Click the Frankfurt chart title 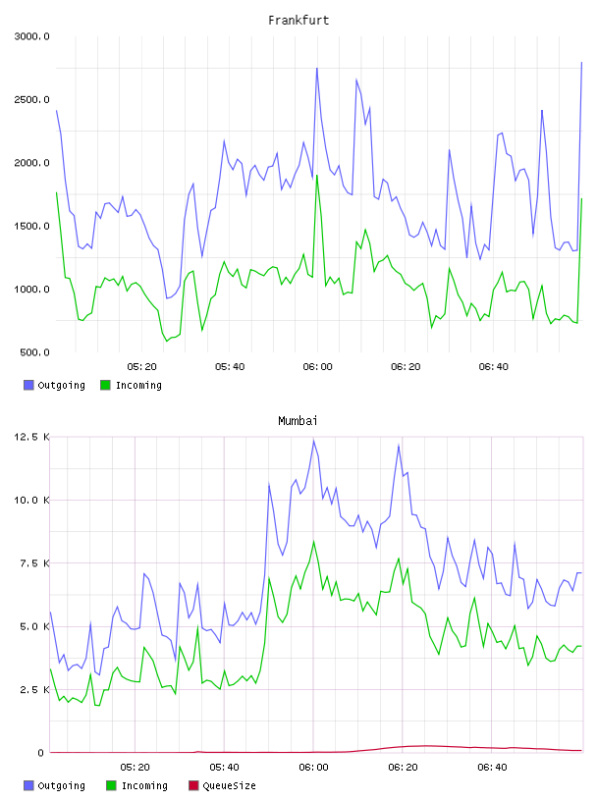tap(298, 20)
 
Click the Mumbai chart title tap(298, 420)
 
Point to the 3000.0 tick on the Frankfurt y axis tap(31, 36)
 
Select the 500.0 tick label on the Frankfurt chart tap(34, 352)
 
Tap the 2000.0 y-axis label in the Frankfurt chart tap(31, 162)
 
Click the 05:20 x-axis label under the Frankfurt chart tap(141, 366)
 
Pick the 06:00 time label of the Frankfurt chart tap(317, 366)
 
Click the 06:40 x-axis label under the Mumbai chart tap(492, 767)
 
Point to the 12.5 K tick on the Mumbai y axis tap(31, 437)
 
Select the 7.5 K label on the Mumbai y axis tap(34, 562)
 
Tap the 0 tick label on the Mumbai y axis tap(41, 753)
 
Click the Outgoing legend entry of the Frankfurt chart tap(55, 385)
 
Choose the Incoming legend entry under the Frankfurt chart tap(132, 385)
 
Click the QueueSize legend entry tap(222, 785)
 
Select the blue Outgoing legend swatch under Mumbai tap(28, 785)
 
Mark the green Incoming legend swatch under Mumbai tap(111, 785)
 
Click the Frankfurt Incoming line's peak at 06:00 tap(317, 176)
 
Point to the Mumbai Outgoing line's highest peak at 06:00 tap(313, 441)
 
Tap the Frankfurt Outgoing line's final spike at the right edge tap(581, 62)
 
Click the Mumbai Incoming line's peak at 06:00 tap(314, 542)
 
